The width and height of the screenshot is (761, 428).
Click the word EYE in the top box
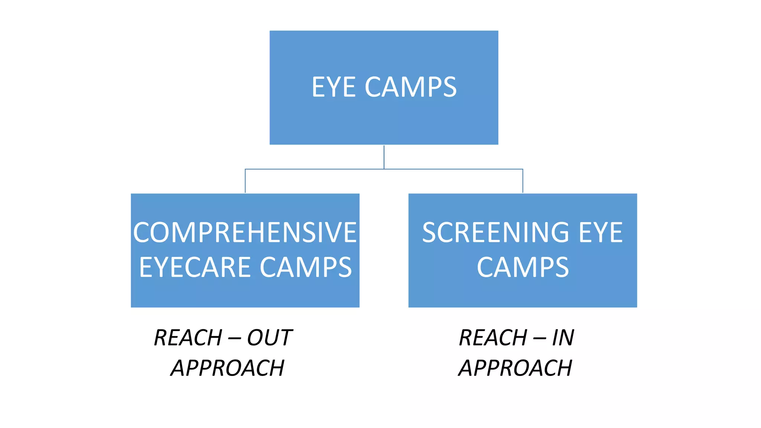(x=333, y=87)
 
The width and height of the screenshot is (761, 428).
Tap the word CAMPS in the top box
(x=411, y=87)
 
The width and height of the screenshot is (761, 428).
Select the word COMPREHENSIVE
(x=245, y=233)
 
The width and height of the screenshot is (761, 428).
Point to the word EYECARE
(x=195, y=267)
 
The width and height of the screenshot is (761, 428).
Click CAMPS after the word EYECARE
(x=305, y=267)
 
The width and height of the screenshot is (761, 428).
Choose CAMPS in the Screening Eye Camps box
(x=522, y=267)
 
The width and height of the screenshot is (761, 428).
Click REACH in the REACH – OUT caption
(x=188, y=338)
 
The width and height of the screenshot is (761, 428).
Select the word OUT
(x=270, y=338)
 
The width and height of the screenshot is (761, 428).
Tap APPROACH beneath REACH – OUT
(x=227, y=368)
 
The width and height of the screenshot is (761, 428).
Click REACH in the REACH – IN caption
(x=493, y=338)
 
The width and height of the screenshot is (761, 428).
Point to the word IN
(x=563, y=338)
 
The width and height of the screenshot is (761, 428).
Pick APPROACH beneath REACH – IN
(x=515, y=368)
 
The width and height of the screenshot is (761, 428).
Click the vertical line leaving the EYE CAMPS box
(x=384, y=157)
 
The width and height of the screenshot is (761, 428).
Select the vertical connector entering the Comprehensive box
(x=245, y=181)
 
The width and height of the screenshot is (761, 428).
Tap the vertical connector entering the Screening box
(x=523, y=181)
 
